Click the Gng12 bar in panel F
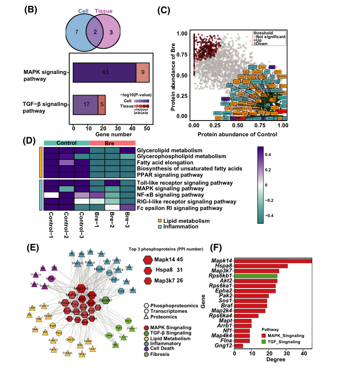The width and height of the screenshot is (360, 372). click(x=239, y=345)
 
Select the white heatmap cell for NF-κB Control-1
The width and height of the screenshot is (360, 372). click(x=51, y=195)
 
